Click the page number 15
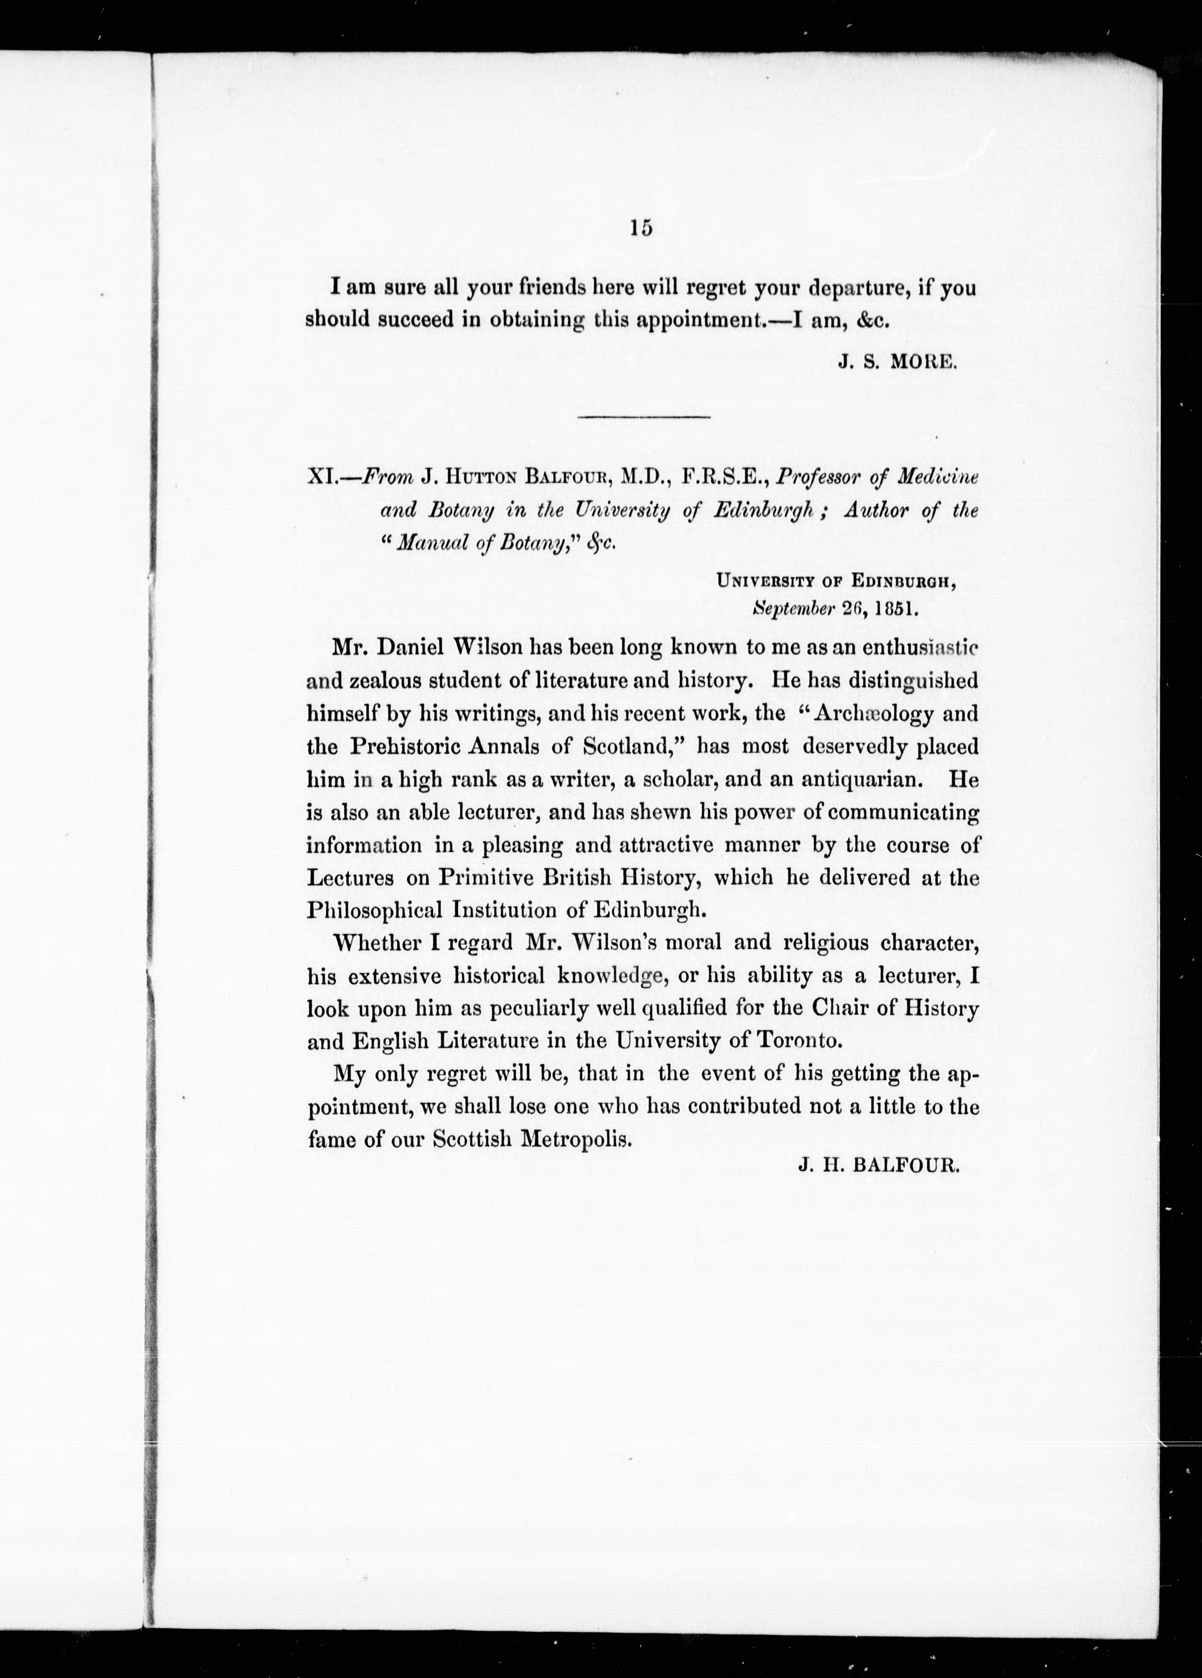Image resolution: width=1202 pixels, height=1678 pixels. pos(642,228)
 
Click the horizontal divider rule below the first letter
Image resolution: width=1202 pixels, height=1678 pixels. pos(643,418)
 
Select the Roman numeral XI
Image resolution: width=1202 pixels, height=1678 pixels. pos(322,478)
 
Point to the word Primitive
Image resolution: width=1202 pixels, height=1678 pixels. pos(484,878)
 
